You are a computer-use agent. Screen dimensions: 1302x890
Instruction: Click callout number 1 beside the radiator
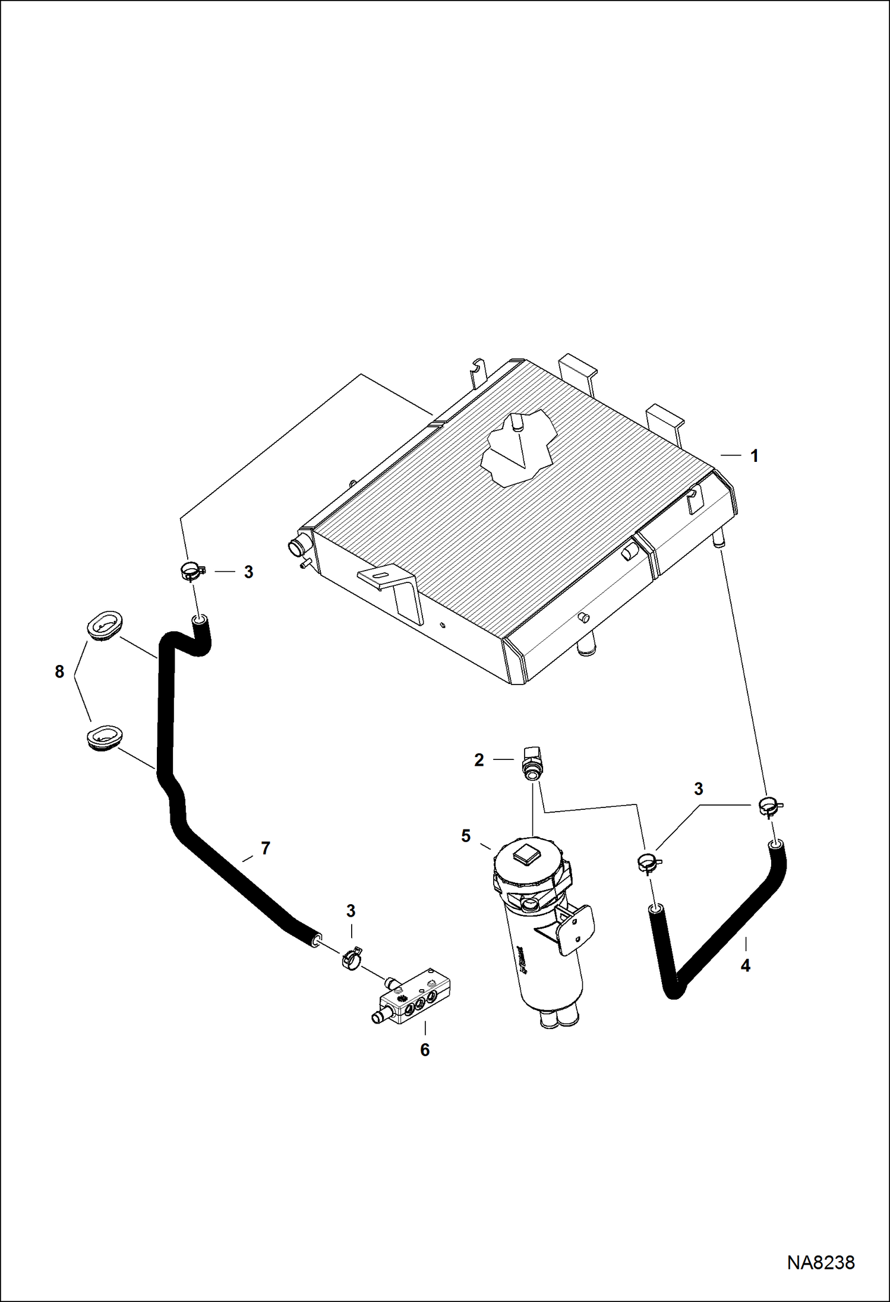(x=754, y=456)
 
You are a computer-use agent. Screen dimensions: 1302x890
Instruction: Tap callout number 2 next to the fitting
(x=479, y=760)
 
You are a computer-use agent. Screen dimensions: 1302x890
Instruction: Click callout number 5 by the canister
(x=466, y=836)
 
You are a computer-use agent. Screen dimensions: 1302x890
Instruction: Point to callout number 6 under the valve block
(x=425, y=1050)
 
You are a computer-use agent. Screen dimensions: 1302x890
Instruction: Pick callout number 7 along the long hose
(x=266, y=848)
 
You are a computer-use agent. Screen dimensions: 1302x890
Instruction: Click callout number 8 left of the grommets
(x=59, y=672)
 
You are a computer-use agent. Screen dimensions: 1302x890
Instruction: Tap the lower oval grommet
(x=105, y=737)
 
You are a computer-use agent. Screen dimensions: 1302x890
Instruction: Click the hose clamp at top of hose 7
(x=192, y=572)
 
